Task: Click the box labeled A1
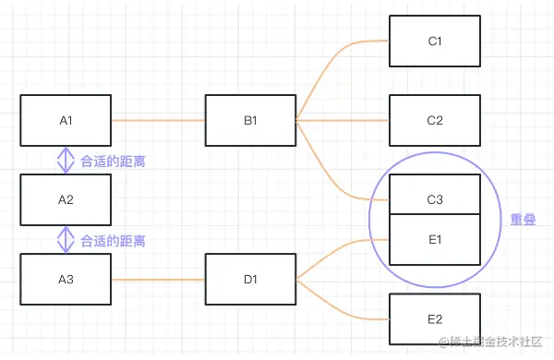click(66, 120)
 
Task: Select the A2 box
click(66, 199)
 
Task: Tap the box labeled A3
click(66, 280)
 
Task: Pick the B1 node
click(250, 120)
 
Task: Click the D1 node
click(250, 280)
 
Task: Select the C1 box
click(435, 41)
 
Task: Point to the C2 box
click(435, 120)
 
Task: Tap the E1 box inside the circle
click(435, 240)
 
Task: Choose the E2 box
click(435, 319)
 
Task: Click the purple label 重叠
click(524, 221)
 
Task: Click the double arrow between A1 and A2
click(66, 161)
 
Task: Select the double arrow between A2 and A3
click(66, 240)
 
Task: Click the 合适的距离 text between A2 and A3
click(113, 241)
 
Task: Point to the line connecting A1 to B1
click(158, 120)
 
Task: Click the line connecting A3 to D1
click(158, 280)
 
